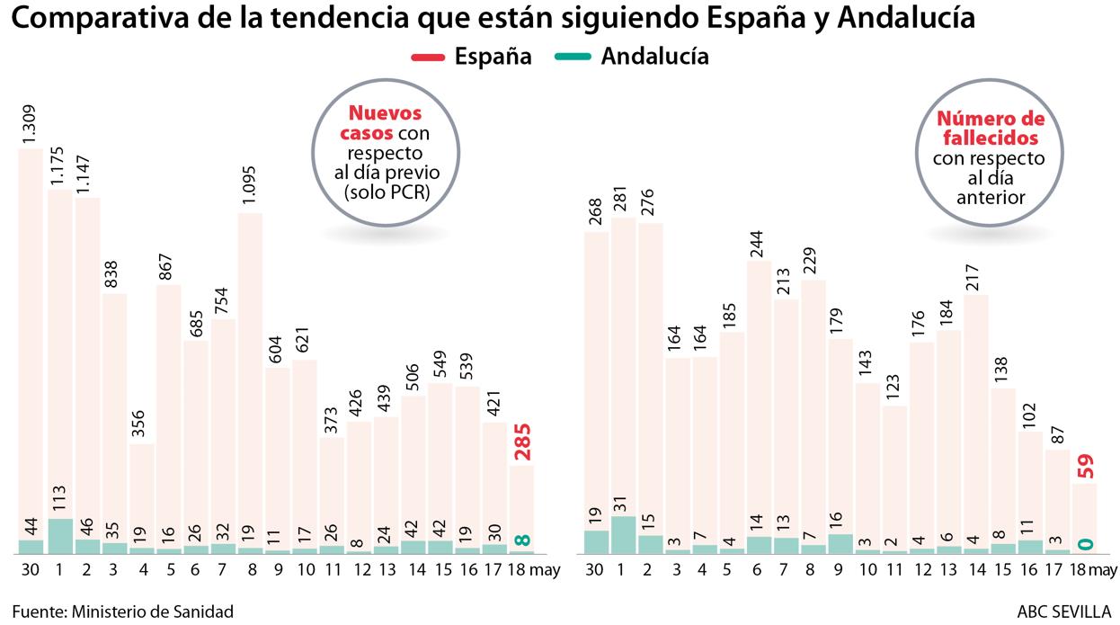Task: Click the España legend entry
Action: (x=471, y=57)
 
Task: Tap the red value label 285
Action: (x=522, y=441)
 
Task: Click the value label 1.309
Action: (x=31, y=119)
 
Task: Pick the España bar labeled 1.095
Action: (x=249, y=378)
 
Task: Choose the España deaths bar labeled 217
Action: (x=976, y=414)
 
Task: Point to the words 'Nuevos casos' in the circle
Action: (x=385, y=123)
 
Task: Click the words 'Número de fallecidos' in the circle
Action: (x=990, y=129)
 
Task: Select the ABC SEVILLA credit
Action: (x=1064, y=612)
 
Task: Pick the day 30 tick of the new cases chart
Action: (x=31, y=570)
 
